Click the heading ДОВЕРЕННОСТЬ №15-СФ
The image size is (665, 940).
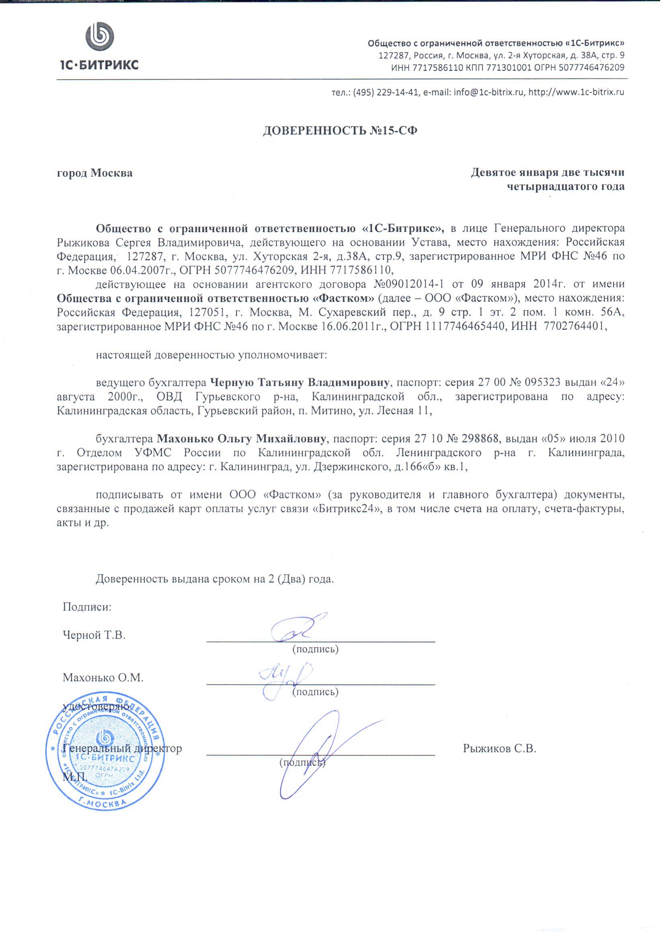click(340, 131)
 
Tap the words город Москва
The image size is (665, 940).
click(94, 173)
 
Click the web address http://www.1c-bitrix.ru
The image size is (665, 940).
click(576, 92)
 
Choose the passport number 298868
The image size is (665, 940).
click(480, 439)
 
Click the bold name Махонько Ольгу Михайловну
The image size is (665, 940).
click(242, 439)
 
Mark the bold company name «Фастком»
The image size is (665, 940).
click(343, 298)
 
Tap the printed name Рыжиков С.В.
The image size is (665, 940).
click(500, 749)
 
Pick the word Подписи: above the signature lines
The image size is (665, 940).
click(87, 607)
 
